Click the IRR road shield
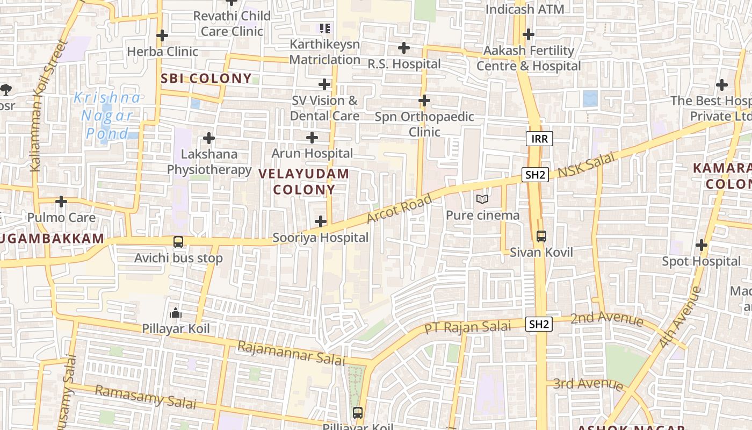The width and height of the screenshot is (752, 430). click(539, 139)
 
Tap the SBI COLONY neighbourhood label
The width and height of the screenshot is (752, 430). click(207, 78)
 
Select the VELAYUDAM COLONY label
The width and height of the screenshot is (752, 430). click(304, 182)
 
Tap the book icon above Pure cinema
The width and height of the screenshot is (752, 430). click(482, 199)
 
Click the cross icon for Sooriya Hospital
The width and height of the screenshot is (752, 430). click(321, 221)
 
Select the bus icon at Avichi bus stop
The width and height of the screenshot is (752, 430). click(178, 242)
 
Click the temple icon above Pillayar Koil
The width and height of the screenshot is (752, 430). click(176, 313)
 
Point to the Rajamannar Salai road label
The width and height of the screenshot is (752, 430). click(291, 353)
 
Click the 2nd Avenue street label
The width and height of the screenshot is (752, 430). click(606, 319)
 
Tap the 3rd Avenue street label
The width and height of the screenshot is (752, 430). click(588, 384)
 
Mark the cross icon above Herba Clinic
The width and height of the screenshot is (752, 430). click(162, 36)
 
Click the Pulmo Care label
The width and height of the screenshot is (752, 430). click(61, 218)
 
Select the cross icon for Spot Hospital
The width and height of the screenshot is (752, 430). click(702, 246)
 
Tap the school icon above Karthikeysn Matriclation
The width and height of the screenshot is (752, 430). click(324, 28)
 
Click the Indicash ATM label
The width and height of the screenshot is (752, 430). click(525, 9)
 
